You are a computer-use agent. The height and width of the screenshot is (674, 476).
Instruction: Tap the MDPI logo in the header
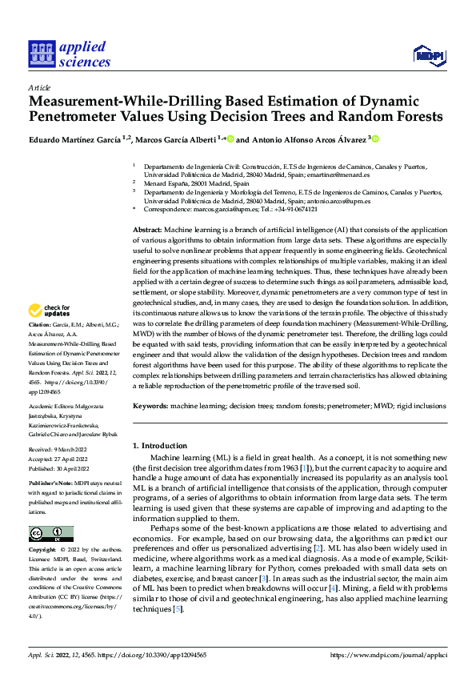pos(428,54)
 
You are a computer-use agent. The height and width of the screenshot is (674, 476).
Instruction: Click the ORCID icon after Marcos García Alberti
pos(231,139)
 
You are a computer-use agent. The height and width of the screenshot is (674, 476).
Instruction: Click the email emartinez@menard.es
pos(340,174)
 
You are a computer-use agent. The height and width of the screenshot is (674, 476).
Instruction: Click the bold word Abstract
pos(146,230)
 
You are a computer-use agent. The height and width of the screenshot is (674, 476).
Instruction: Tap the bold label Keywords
pos(150,406)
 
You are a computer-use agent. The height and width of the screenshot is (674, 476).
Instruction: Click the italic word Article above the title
pos(39,87)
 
